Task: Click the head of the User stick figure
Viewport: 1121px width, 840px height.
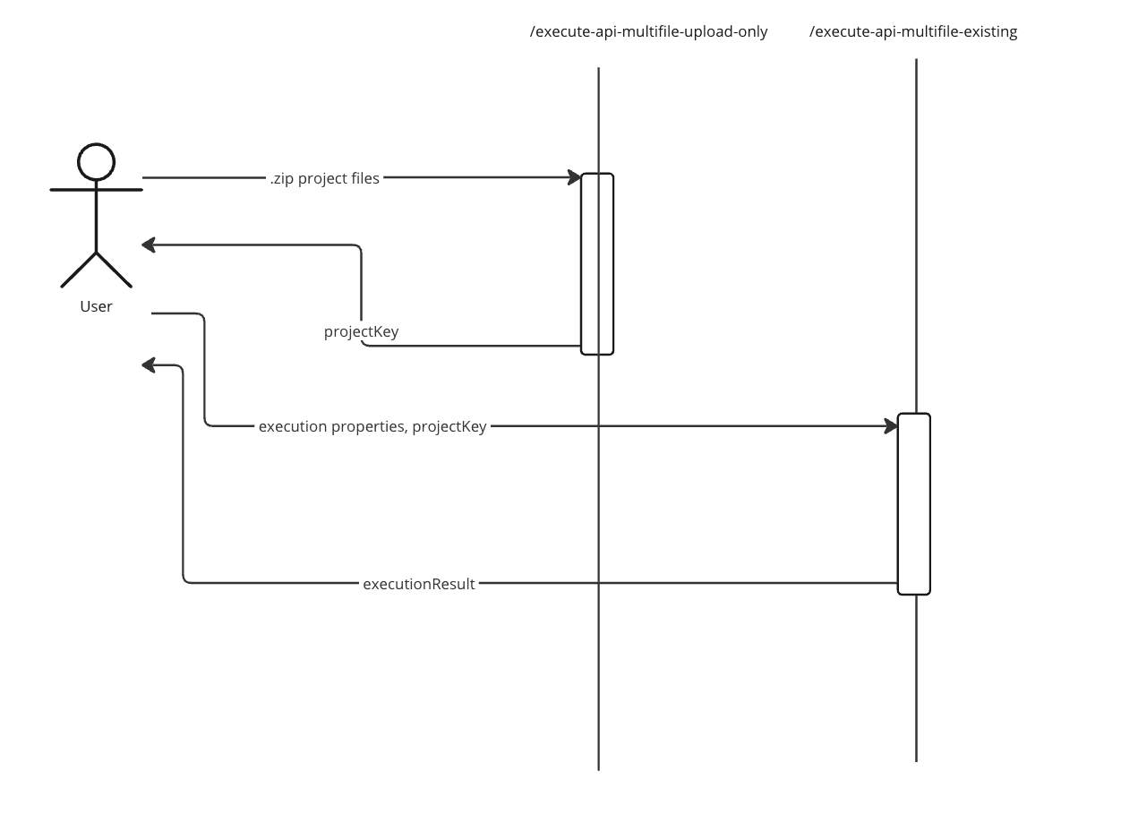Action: (96, 162)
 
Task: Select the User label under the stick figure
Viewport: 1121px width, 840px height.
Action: (96, 306)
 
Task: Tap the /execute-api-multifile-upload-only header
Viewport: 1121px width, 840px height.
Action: (649, 32)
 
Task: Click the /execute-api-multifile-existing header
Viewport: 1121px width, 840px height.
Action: (913, 32)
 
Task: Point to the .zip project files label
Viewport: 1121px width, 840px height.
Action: (325, 178)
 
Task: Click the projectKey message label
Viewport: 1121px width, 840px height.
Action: (361, 331)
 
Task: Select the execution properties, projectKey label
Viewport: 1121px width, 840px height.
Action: (372, 426)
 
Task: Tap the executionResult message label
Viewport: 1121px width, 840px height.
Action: (418, 584)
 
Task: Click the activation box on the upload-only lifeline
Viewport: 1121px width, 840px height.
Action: (597, 264)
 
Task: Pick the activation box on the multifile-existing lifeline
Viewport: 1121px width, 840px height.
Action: (914, 503)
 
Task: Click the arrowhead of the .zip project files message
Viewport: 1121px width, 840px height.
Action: (574, 177)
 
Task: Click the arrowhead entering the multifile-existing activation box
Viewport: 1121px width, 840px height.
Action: (891, 426)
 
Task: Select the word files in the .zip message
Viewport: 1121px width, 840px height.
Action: (363, 178)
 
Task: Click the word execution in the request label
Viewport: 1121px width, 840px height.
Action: (293, 426)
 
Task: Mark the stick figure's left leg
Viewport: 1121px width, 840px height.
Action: (79, 270)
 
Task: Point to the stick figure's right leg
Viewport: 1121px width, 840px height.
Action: (114, 270)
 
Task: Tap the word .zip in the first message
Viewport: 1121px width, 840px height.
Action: (282, 178)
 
